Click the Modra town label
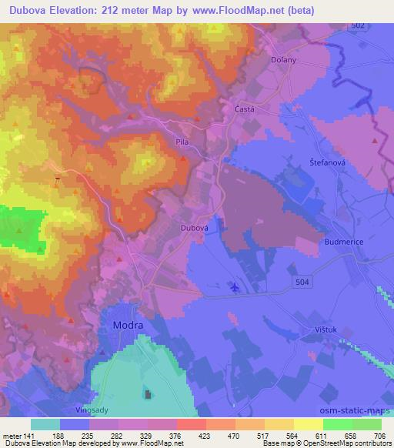pos(126,325)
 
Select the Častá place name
pos(245,110)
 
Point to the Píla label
pos(182,142)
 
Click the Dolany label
pos(284,59)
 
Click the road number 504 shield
pos(303,283)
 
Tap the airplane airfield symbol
pos(235,288)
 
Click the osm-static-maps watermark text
pos(356,408)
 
